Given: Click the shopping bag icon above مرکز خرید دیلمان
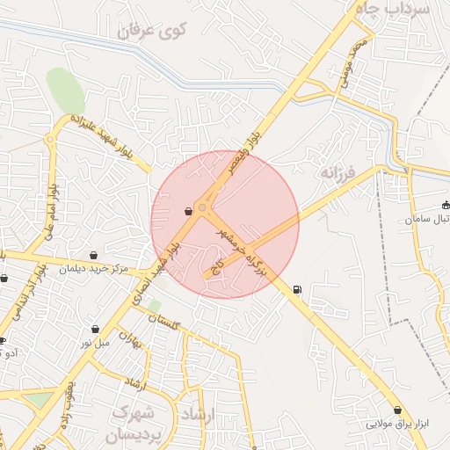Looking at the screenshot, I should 93,255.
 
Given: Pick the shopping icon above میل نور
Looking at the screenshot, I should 95,329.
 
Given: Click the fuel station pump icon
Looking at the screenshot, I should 296,289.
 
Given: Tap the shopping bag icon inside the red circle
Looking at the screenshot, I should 188,211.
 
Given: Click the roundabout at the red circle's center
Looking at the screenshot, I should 203,208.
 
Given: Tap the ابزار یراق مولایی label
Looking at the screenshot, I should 398,424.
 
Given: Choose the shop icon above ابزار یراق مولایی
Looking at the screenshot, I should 398,410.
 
